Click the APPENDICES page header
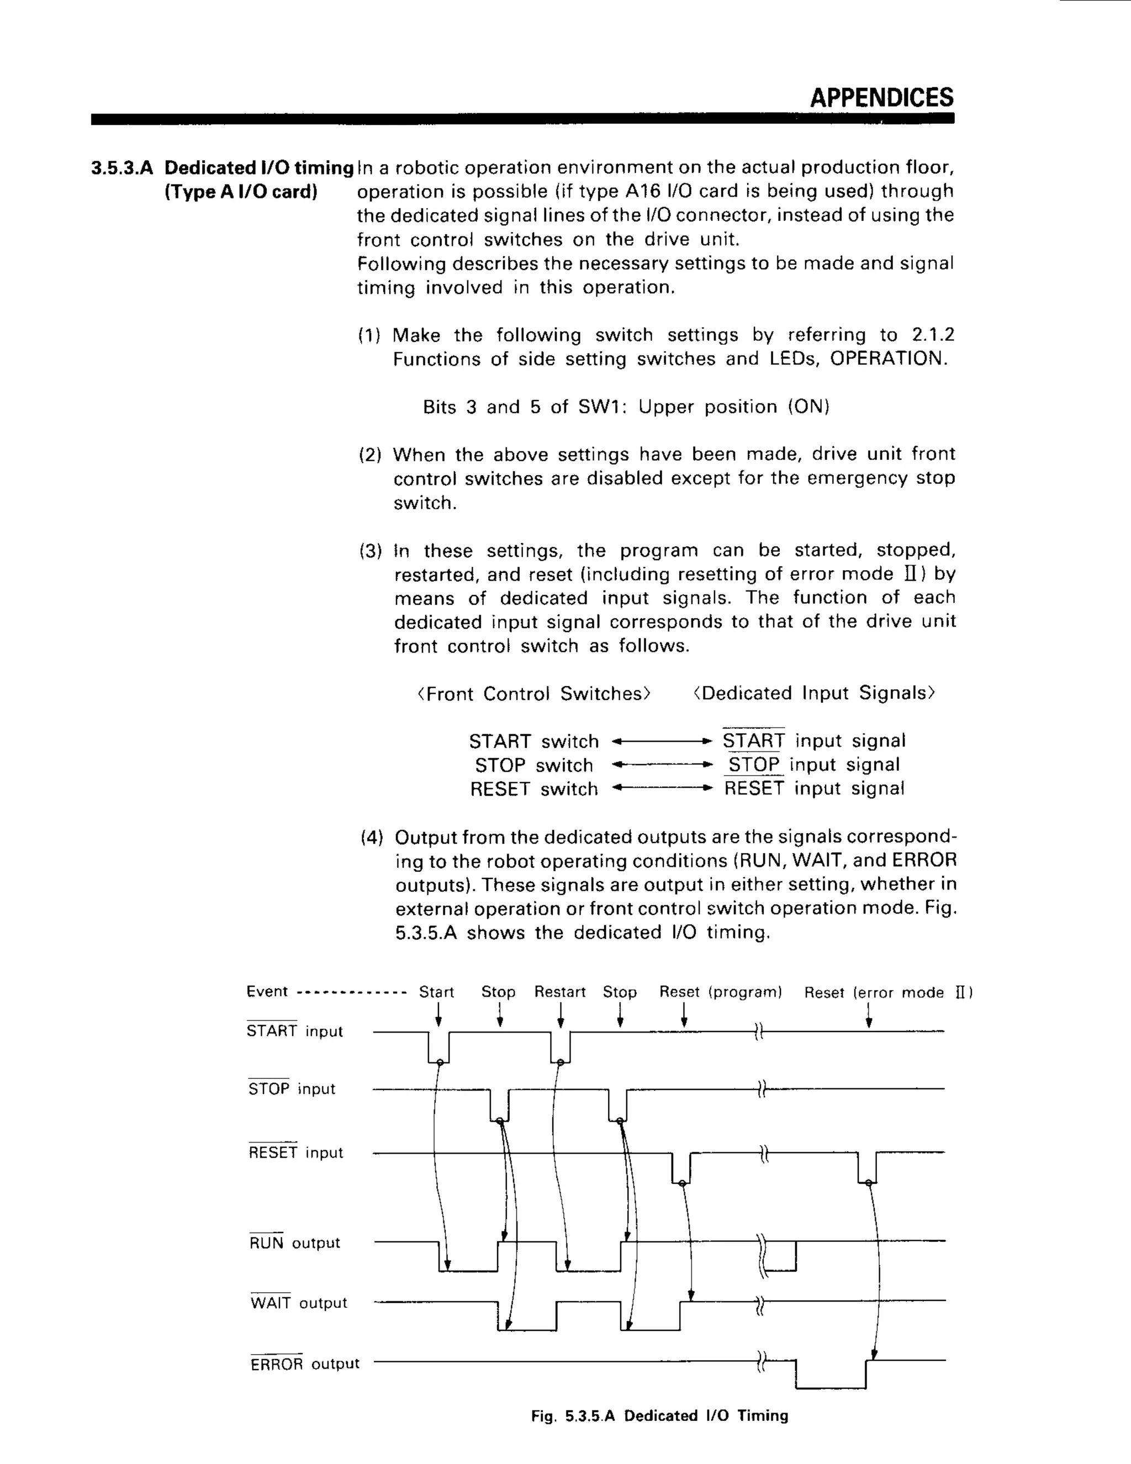(x=881, y=98)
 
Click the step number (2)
(x=370, y=455)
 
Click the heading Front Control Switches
(x=533, y=693)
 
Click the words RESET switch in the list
(x=533, y=789)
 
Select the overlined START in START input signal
(x=753, y=741)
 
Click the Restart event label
(x=559, y=992)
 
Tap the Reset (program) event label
(x=720, y=992)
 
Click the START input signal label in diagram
(x=294, y=1031)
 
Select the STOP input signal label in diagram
(x=292, y=1089)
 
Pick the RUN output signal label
(x=294, y=1243)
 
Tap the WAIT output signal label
(x=298, y=1303)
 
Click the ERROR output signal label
(x=305, y=1364)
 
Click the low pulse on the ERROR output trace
(x=830, y=1386)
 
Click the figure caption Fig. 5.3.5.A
(x=659, y=1416)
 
